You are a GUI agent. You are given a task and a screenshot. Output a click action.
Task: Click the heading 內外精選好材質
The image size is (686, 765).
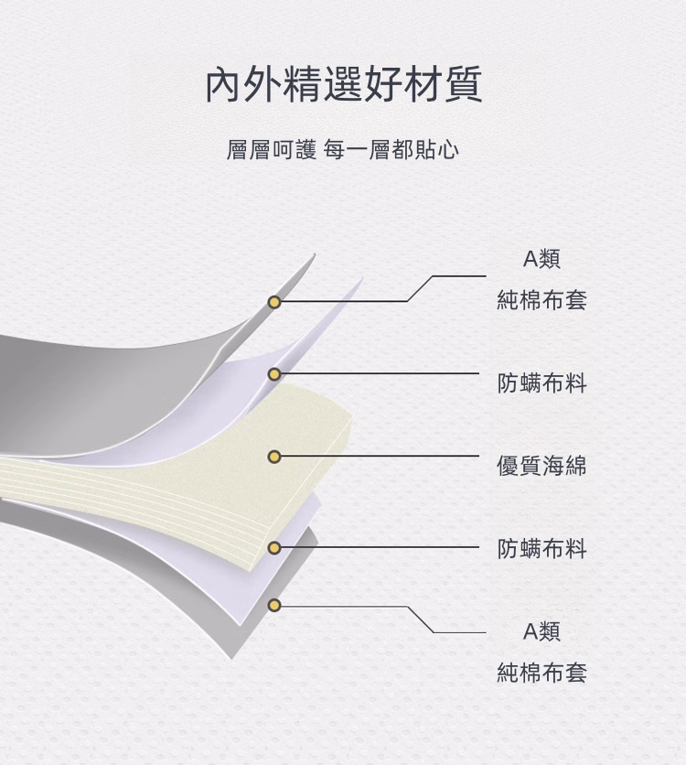tap(343, 85)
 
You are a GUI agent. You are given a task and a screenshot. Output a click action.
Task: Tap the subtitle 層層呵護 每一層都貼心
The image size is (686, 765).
tap(343, 149)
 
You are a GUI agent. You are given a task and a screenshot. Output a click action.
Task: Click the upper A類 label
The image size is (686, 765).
tap(541, 259)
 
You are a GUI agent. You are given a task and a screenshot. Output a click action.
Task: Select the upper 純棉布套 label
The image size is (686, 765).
tap(541, 300)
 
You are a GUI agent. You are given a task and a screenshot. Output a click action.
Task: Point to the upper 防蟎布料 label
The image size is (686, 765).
tap(541, 383)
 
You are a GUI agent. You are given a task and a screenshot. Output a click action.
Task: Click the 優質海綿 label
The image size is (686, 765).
tap(541, 466)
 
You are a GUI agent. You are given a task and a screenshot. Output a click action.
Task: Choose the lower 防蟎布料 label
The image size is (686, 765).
tap(541, 549)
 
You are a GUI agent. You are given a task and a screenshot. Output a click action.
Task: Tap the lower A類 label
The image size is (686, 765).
tap(541, 631)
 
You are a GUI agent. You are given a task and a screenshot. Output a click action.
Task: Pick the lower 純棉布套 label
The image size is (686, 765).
tap(541, 673)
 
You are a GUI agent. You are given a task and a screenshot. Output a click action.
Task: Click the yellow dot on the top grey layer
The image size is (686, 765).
tap(273, 302)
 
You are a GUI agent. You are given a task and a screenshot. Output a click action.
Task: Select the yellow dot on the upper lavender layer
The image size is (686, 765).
tap(273, 374)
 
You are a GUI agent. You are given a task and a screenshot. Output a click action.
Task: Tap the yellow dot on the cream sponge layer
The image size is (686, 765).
tap(273, 456)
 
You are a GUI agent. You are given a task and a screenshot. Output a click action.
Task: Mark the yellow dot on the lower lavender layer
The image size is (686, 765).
tap(273, 547)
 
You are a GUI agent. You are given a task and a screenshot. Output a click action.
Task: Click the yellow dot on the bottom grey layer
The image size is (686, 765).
tap(273, 605)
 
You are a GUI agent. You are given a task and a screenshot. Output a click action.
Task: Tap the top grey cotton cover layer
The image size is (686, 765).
tap(110, 384)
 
